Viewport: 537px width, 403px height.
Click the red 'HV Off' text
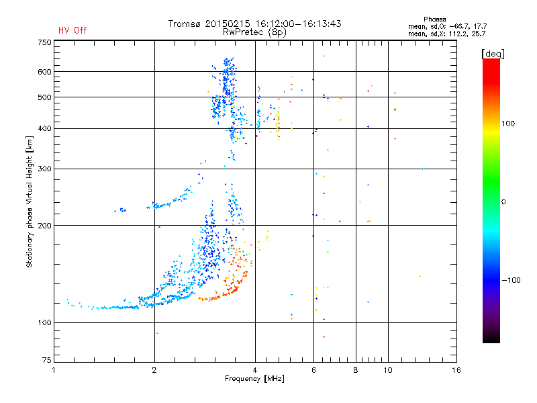(72, 30)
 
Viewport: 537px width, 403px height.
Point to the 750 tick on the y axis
(44, 42)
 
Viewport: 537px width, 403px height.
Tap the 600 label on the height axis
(44, 72)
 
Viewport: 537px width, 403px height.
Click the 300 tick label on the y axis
(44, 169)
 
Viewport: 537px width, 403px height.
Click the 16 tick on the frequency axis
(456, 370)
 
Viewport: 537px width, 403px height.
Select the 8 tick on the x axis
(356, 370)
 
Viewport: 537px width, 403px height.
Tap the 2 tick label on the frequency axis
(154, 370)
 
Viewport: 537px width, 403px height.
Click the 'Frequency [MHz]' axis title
(255, 379)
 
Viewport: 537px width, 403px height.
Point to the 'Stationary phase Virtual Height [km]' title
(30, 201)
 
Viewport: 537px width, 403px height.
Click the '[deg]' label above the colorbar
(493, 53)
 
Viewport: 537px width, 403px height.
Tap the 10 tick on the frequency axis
(388, 370)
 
